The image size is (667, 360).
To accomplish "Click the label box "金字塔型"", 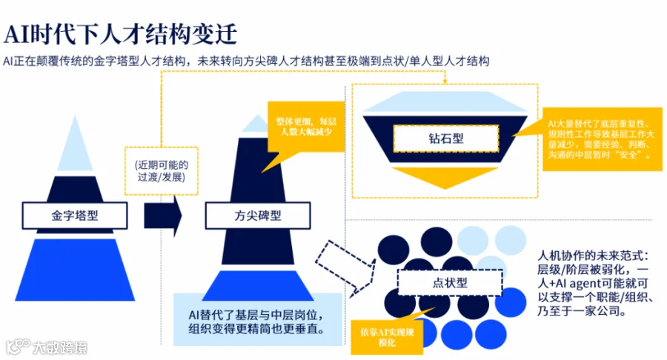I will pos(75,216).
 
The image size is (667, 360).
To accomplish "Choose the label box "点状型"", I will pos(449,283).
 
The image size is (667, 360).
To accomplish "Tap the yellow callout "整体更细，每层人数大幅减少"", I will pos(305,127).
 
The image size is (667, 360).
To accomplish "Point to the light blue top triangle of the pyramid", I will pos(75,148).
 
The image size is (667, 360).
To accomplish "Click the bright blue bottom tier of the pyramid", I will pos(75,263).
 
